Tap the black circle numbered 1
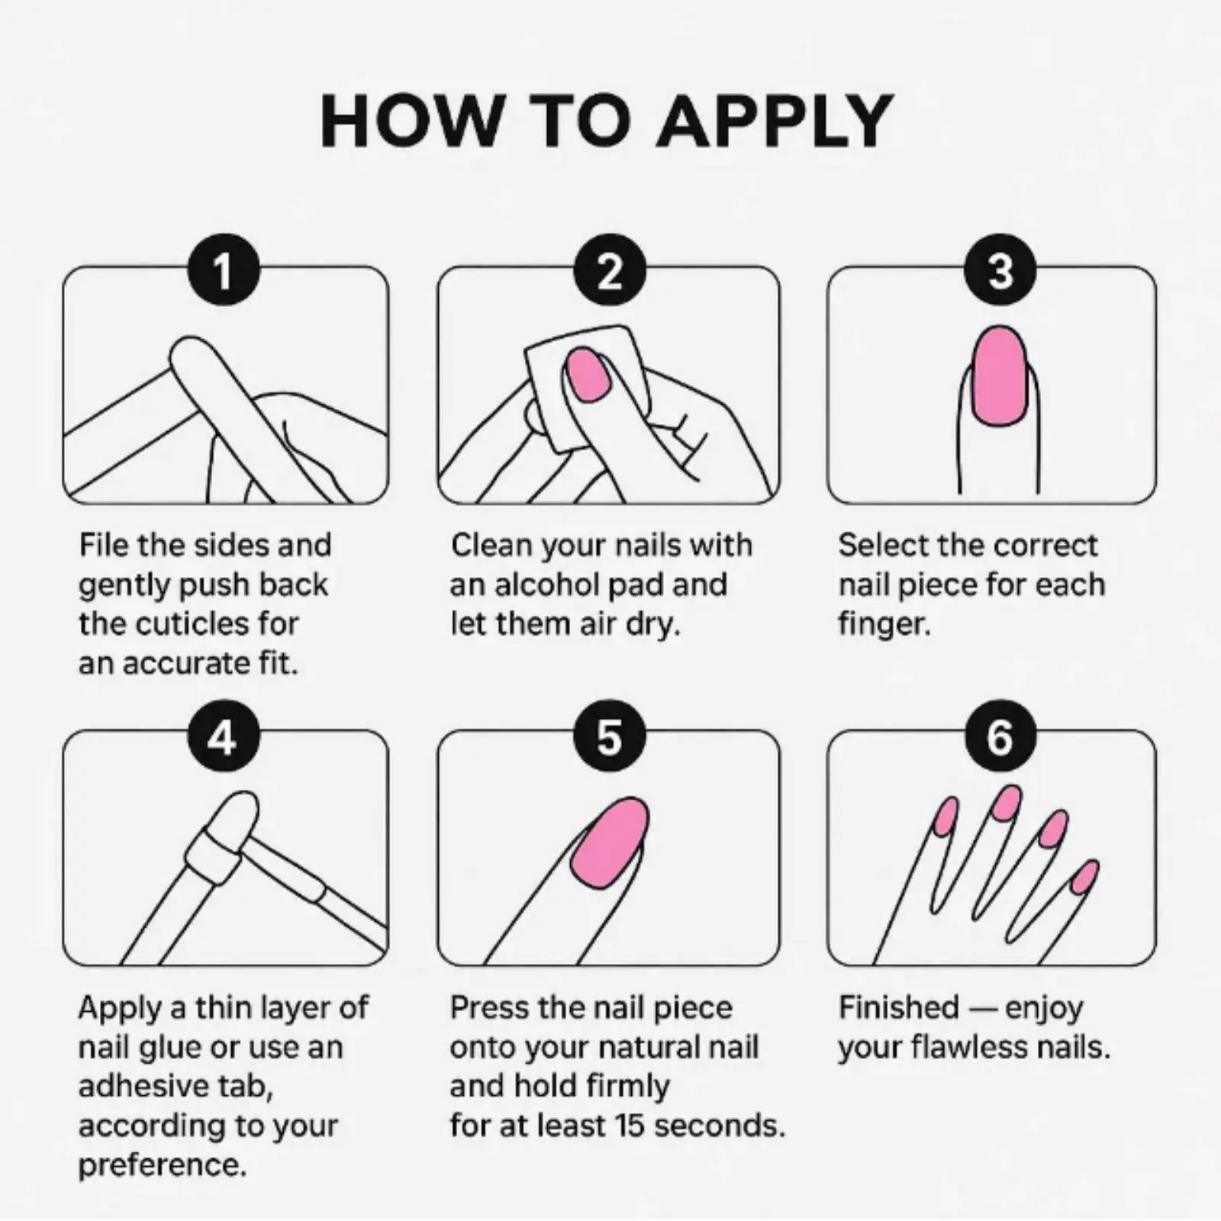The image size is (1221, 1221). pos(224,270)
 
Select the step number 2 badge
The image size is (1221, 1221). pos(610,270)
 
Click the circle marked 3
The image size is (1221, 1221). pos(1000,270)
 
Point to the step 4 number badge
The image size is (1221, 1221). pos(224,737)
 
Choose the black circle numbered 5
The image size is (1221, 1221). pos(610,737)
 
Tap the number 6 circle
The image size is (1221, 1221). pos(1000,737)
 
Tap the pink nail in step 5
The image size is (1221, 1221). pos(612,842)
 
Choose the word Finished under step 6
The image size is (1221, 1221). pos(899,1007)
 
